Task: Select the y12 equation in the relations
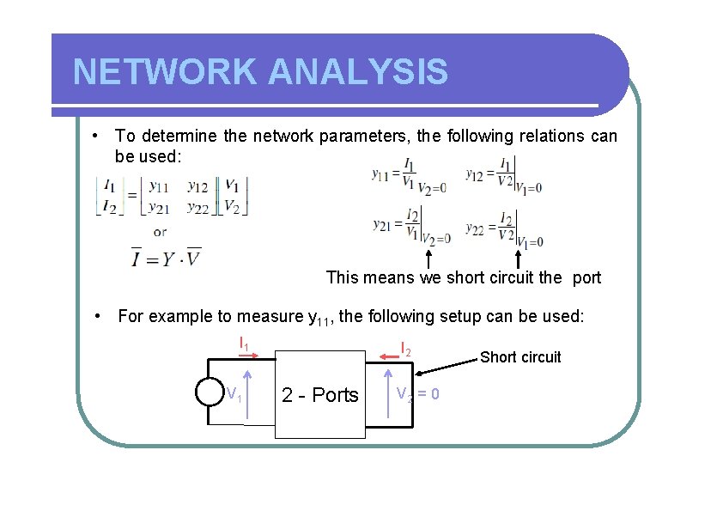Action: coord(503,176)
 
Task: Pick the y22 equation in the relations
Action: coord(503,228)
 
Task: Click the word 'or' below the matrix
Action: coord(160,232)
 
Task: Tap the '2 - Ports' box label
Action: coord(320,395)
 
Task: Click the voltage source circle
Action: coord(209,391)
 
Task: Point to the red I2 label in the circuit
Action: coord(406,349)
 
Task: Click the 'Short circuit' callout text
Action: coord(520,357)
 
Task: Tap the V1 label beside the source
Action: coord(233,393)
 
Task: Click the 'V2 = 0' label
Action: coord(417,394)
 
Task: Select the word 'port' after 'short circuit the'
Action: coord(586,277)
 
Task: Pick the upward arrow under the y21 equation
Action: coord(428,259)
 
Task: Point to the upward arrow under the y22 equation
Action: coord(519,259)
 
